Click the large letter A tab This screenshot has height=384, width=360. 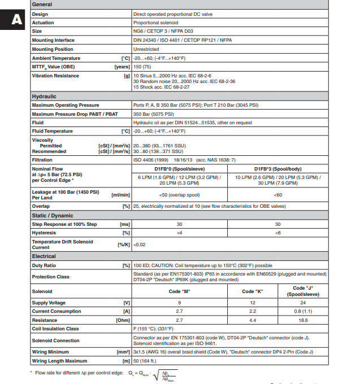[x=15, y=20]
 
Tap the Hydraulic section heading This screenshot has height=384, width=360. [x=44, y=97]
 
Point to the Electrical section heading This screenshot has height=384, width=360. [x=44, y=256]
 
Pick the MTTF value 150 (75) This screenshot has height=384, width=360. [x=143, y=67]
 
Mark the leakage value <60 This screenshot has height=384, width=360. [x=277, y=195]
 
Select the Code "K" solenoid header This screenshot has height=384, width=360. [x=252, y=291]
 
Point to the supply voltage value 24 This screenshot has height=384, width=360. [x=303, y=303]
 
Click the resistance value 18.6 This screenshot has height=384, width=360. [x=303, y=320]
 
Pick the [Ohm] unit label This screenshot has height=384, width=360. [x=123, y=320]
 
